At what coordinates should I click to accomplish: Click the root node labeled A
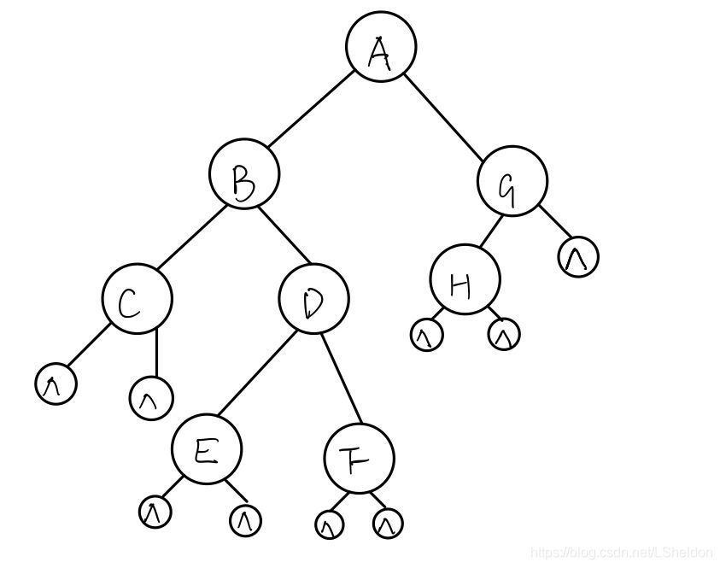pyautogui.click(x=381, y=48)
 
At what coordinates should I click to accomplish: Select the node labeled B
pyautogui.click(x=244, y=176)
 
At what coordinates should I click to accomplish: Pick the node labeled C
pyautogui.click(x=137, y=298)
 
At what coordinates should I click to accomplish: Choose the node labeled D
pyautogui.click(x=313, y=298)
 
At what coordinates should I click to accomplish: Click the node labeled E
pyautogui.click(x=206, y=451)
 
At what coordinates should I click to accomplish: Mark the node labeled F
pyautogui.click(x=360, y=459)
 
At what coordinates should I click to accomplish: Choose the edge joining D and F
pyautogui.click(x=342, y=378)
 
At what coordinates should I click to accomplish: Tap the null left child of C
pyautogui.click(x=56, y=384)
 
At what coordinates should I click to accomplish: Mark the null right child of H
pyautogui.click(x=504, y=336)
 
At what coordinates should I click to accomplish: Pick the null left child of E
pyautogui.click(x=155, y=512)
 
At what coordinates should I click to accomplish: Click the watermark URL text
pyautogui.click(x=622, y=553)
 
